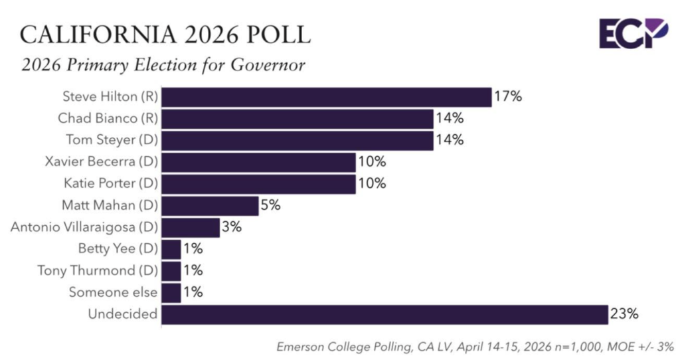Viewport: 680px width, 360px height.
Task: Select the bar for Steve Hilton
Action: coord(326,97)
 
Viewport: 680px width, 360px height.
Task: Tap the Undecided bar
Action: coord(384,314)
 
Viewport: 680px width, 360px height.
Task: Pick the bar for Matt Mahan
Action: coord(210,205)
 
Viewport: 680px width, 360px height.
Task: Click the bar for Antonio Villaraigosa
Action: coord(191,227)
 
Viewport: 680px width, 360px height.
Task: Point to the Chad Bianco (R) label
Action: coord(108,119)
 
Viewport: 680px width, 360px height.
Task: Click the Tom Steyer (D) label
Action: coord(112,140)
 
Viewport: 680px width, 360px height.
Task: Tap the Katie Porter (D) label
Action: coord(108,184)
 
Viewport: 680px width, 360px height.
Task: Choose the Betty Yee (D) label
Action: coord(118,249)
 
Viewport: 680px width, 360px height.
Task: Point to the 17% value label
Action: coord(508,97)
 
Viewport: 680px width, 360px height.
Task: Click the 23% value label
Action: coord(625,314)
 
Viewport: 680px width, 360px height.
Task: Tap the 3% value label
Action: coord(232,227)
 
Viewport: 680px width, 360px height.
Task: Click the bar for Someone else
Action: coord(171,292)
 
